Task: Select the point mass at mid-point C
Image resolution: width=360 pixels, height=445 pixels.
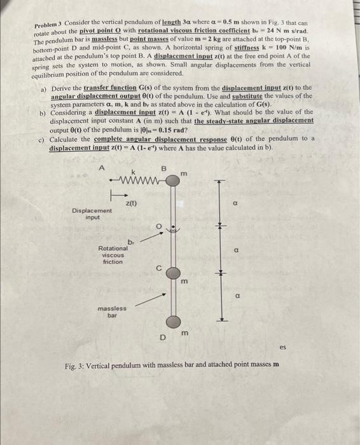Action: coord(173,272)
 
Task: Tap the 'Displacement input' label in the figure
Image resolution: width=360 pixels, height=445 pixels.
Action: coord(92,214)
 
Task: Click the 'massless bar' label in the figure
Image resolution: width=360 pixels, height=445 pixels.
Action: coord(111,311)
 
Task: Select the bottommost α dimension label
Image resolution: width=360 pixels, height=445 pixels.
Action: coord(237,295)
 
